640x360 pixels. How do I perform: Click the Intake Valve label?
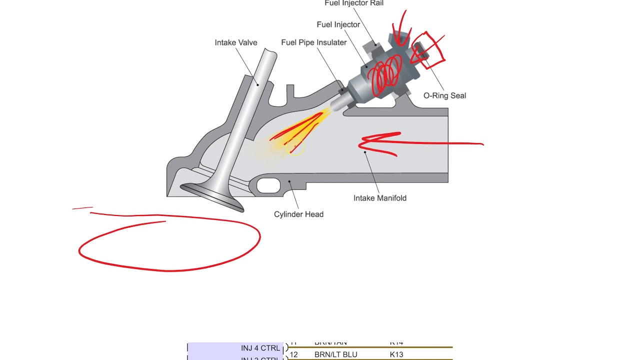pos(236,42)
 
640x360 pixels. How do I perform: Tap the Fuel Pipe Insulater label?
pos(313,42)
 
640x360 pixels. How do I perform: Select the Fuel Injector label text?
pos(338,24)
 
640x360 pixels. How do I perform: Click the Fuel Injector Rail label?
pos(354,3)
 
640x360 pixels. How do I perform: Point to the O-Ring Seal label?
pos(444,95)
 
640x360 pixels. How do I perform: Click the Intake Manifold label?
pos(379,198)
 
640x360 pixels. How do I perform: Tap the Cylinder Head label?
pos(298,214)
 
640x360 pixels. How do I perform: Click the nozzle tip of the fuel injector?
pos(333,105)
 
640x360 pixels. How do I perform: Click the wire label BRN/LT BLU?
pos(335,354)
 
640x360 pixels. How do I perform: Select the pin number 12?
pos(293,354)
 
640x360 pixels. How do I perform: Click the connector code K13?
pos(396,354)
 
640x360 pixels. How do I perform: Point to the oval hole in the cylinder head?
pos(268,185)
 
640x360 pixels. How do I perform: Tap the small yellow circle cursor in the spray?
pos(296,148)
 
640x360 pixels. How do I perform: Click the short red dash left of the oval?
pos(82,208)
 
